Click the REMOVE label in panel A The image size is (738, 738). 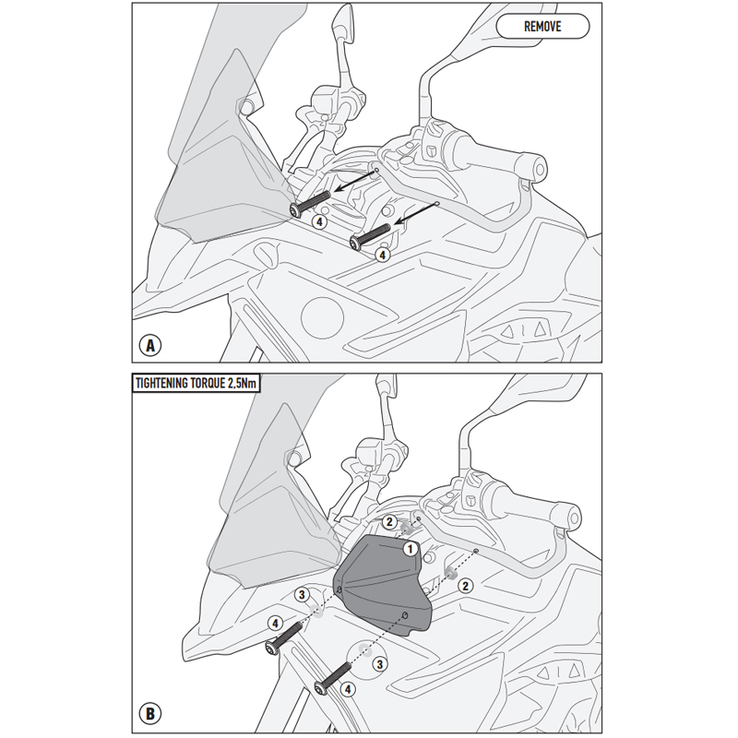(x=542, y=26)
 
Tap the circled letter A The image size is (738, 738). (x=148, y=345)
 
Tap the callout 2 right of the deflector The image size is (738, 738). (x=466, y=586)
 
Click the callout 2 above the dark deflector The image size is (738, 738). (x=389, y=523)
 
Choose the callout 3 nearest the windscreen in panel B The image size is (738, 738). (x=300, y=595)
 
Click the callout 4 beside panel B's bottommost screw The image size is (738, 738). (x=347, y=688)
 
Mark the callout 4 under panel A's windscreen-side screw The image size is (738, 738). (x=318, y=221)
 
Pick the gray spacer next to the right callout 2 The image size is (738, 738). (x=451, y=573)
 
